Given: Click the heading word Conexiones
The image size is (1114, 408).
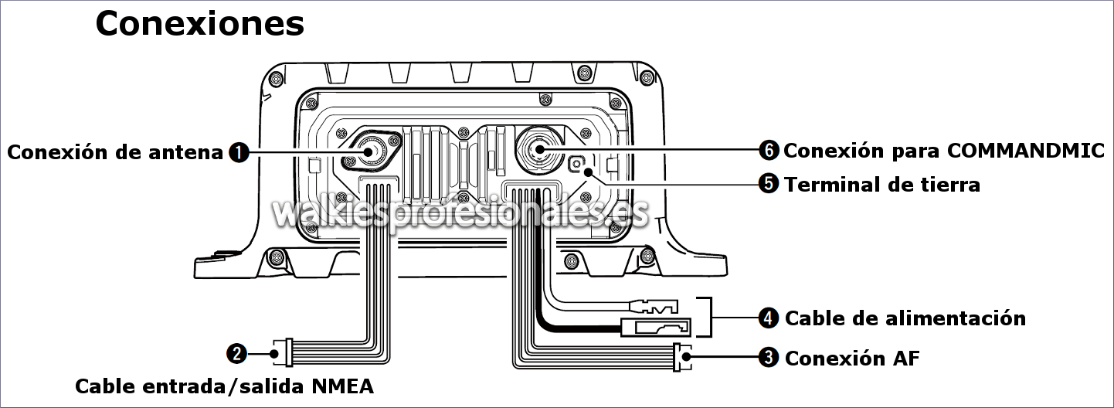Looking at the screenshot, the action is (199, 24).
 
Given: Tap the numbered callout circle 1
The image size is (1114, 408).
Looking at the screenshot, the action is (239, 152).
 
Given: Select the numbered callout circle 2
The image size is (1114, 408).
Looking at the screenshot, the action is (236, 354).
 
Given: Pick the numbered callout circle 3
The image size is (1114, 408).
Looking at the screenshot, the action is (769, 357).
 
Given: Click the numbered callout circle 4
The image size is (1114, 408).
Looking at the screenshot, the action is (769, 318).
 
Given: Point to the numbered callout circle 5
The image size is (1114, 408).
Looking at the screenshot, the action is (769, 184).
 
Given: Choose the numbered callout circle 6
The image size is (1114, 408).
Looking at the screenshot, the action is (769, 150).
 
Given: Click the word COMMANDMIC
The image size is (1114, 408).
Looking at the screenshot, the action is (1025, 150).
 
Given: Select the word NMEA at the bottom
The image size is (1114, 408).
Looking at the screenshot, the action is (343, 386).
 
